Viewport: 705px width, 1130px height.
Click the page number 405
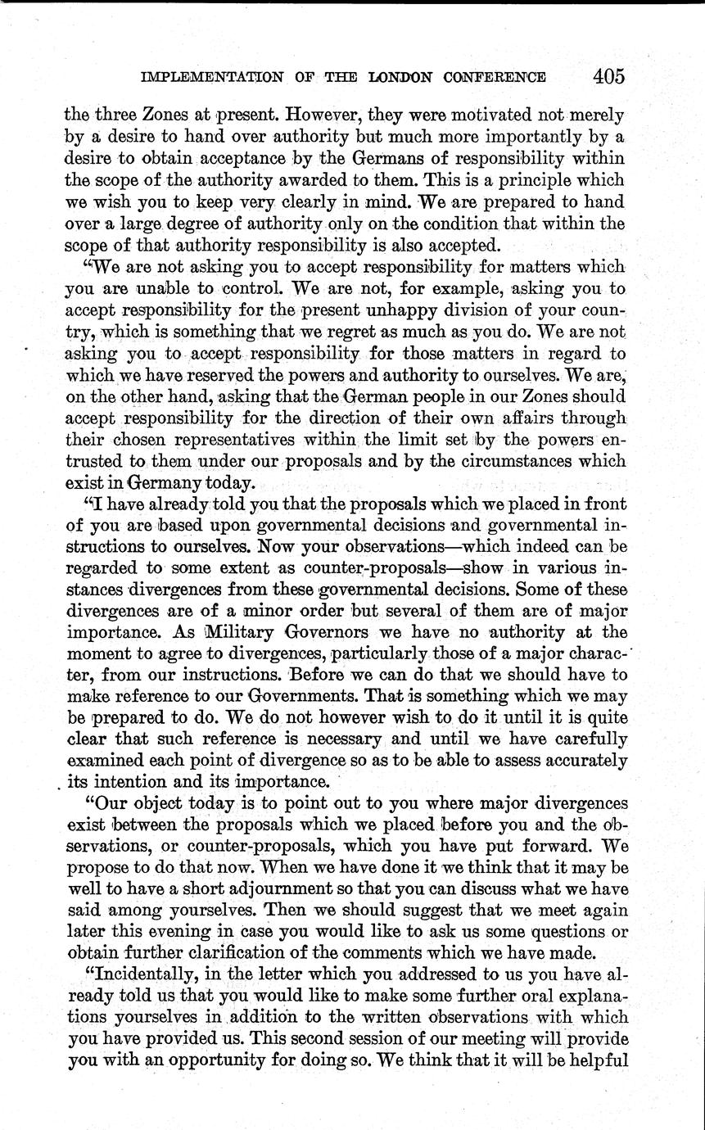tap(609, 76)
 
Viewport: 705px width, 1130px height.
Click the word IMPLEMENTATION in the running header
tap(209, 78)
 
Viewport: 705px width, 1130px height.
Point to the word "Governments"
tap(322, 696)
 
